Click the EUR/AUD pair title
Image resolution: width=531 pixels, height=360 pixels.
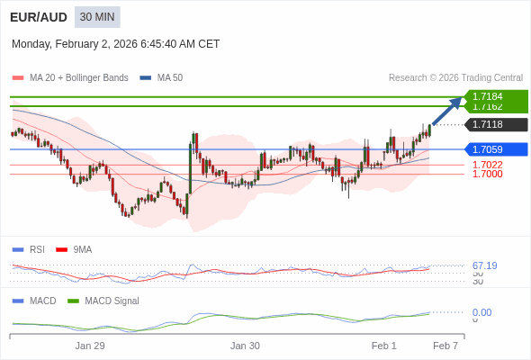[38, 17]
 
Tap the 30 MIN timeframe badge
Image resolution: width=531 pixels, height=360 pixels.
[97, 17]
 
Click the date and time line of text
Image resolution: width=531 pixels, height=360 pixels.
[115, 43]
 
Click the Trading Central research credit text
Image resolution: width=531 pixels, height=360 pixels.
[455, 77]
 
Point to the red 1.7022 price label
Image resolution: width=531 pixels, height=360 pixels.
[487, 165]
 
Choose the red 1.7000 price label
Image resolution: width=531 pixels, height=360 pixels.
[487, 174]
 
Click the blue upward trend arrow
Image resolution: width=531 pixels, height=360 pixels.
[446, 111]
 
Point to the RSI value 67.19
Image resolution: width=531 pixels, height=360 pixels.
[484, 265]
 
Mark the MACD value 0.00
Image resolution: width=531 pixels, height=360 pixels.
[481, 312]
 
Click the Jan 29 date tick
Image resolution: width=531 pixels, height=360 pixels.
[90, 345]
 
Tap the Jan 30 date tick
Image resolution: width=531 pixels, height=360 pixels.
[245, 345]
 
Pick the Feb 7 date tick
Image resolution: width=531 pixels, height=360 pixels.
[445, 345]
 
